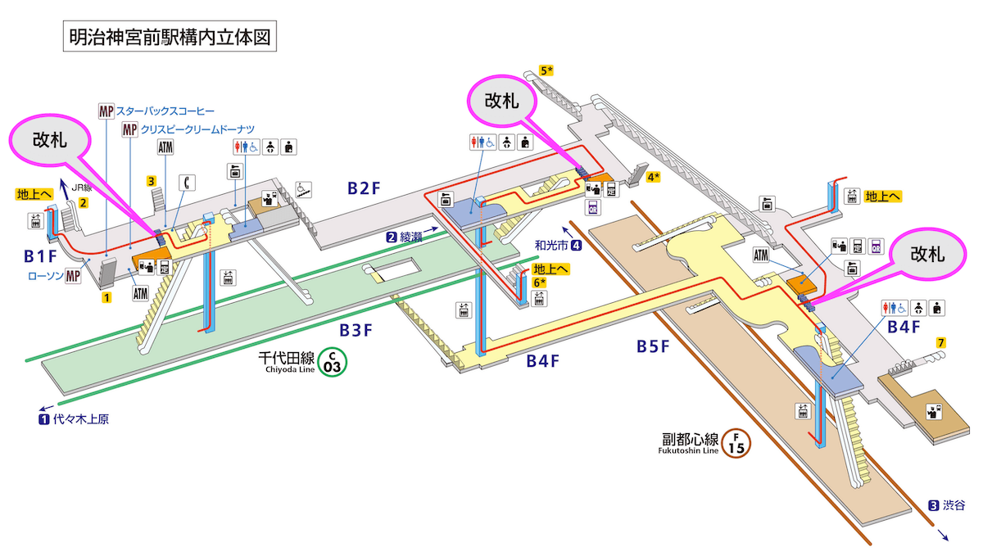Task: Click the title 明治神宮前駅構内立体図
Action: tap(167, 38)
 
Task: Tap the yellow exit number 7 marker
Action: tap(942, 342)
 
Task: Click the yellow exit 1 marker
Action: tap(106, 298)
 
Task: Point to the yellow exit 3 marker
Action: tap(152, 180)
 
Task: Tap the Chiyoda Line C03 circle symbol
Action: tap(333, 361)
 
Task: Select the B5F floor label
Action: tap(653, 346)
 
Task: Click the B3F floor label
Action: tap(357, 331)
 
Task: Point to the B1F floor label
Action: tap(41, 256)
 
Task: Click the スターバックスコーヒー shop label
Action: tap(165, 110)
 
